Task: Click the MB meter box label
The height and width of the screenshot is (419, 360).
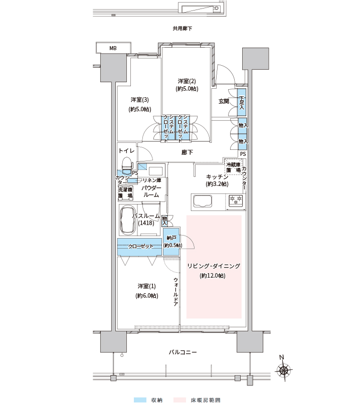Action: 113,49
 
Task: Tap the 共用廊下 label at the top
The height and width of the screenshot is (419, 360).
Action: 183,29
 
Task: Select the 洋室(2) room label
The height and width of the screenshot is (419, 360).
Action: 187,81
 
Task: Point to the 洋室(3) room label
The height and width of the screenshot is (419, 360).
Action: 140,100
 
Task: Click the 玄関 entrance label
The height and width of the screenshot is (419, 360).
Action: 224,101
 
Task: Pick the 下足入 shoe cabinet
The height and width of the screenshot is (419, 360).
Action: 242,102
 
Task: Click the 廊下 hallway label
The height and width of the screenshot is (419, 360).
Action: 187,152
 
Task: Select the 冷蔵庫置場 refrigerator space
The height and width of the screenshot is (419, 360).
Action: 234,167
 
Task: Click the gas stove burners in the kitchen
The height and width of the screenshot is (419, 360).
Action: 236,200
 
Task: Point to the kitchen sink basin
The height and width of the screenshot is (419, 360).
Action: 203,200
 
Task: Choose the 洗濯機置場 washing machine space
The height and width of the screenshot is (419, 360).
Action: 125,192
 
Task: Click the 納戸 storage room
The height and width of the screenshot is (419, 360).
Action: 171,241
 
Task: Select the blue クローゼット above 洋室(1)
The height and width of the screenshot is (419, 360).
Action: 139,247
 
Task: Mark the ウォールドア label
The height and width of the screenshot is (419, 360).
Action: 175,292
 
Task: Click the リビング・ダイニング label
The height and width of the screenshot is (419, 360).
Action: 214,266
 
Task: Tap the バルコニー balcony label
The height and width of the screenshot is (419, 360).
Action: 183,352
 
